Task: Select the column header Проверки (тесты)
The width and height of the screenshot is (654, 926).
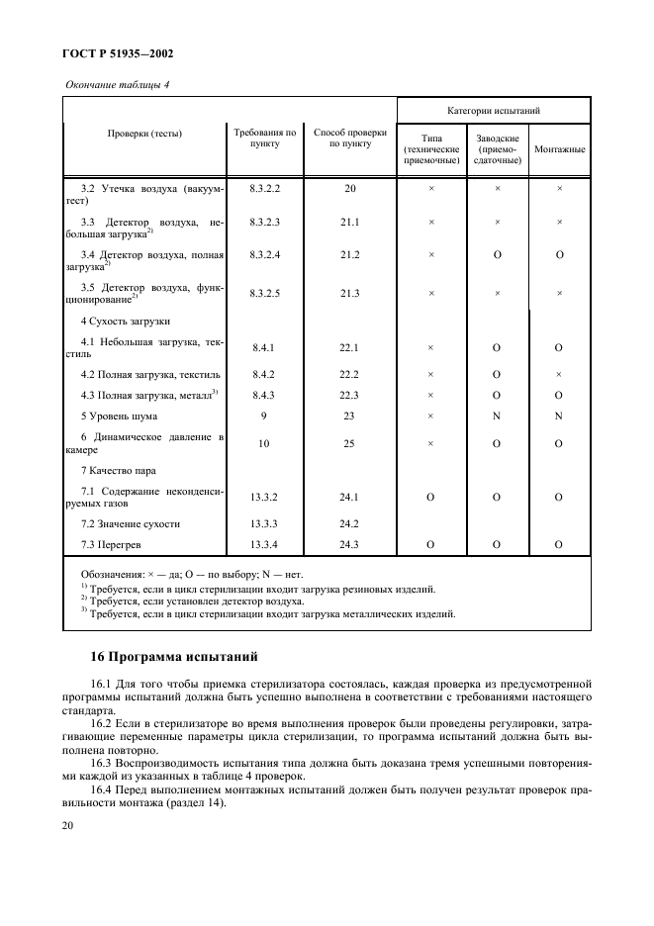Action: pos(144,133)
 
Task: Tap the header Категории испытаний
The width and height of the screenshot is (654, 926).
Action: pos(493,111)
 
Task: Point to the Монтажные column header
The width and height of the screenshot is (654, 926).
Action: pos(559,149)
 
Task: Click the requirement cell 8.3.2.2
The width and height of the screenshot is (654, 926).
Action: pos(265,188)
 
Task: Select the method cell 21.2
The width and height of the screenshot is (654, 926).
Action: pos(349,254)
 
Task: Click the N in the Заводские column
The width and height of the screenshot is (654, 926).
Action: pos(497,416)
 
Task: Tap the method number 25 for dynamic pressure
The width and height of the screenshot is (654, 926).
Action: pos(349,443)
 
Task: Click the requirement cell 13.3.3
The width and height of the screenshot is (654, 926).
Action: pos(265,523)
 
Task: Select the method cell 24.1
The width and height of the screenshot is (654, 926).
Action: pos(349,497)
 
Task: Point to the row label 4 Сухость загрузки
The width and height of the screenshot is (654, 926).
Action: pos(126,322)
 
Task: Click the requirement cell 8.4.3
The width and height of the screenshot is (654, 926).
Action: pos(265,395)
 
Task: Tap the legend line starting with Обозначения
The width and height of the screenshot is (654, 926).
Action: pos(191,574)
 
